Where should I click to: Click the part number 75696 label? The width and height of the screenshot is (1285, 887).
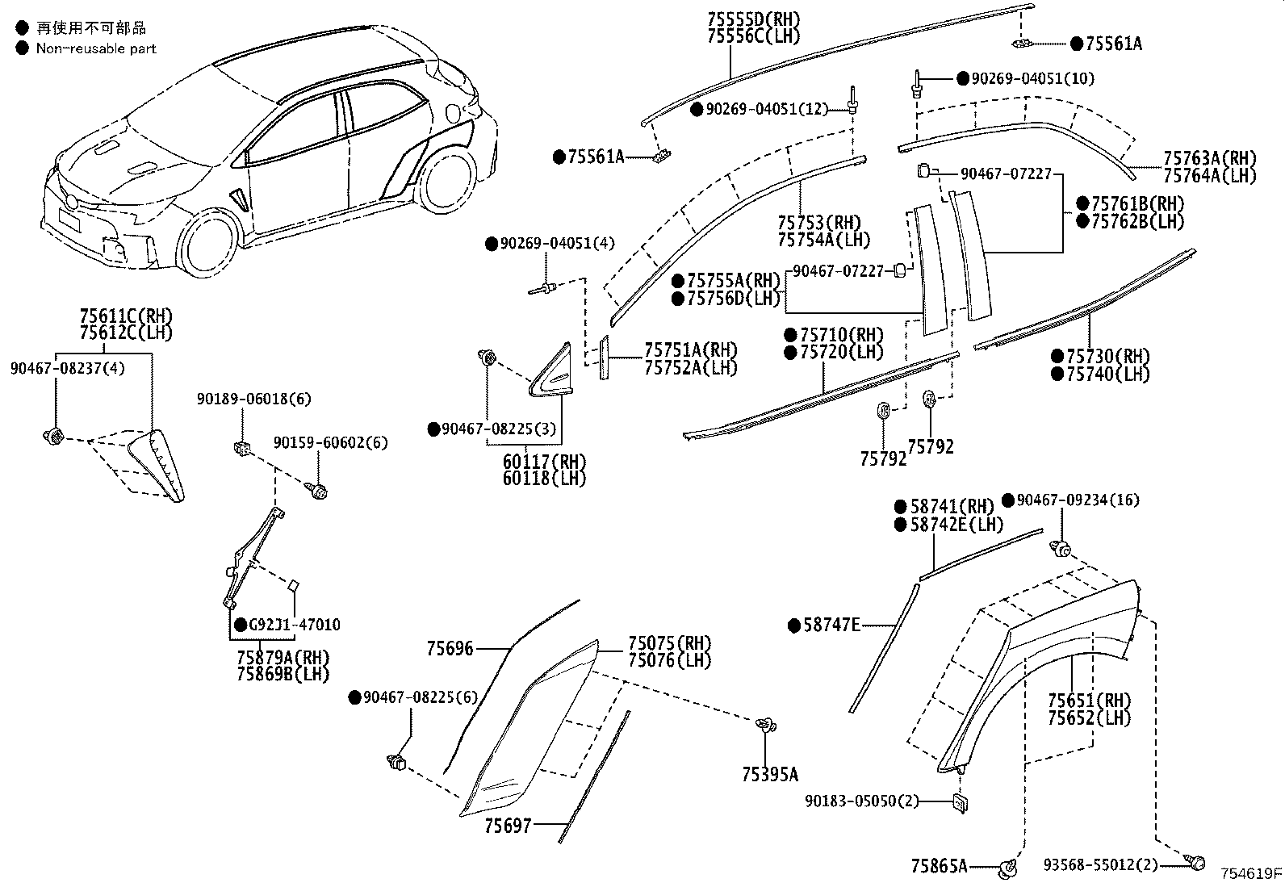point(450,648)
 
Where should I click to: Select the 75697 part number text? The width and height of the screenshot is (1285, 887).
point(508,826)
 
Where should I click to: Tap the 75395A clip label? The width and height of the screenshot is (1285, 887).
point(769,775)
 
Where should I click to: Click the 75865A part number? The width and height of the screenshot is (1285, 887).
point(939,866)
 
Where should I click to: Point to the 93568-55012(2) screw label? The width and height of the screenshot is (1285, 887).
point(1100,865)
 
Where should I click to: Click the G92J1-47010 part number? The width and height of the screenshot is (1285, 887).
point(294,625)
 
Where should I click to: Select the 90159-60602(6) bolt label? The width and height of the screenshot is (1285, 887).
point(330,443)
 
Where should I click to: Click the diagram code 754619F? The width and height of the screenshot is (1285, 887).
point(1250,873)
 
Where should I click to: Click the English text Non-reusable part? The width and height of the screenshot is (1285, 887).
point(95,48)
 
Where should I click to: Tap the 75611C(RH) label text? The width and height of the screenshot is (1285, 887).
point(126,316)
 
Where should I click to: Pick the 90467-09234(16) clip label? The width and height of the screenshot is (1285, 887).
point(1078,500)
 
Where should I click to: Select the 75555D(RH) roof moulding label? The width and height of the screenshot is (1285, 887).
point(752,19)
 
